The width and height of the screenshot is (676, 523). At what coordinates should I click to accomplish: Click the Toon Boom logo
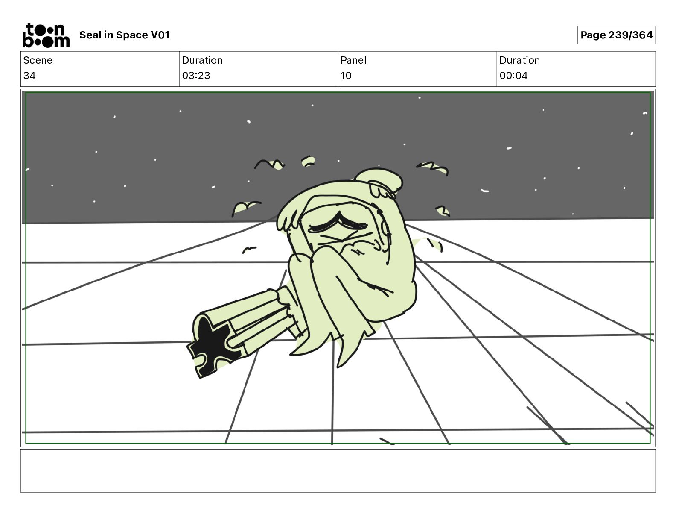click(x=46, y=35)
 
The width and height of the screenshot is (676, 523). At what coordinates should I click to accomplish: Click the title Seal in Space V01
click(x=125, y=35)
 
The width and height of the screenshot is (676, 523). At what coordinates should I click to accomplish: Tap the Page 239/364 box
click(x=616, y=35)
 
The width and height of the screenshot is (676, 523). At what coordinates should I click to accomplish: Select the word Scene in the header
click(x=38, y=60)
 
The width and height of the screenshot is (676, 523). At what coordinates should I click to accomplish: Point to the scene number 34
click(x=29, y=75)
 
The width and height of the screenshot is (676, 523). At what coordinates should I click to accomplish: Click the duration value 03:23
click(x=196, y=75)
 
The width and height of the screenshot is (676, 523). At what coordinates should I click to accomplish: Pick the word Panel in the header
click(x=353, y=60)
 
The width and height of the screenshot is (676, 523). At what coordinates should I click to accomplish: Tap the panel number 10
click(x=346, y=75)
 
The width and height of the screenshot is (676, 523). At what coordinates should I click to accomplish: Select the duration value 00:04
click(x=513, y=75)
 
